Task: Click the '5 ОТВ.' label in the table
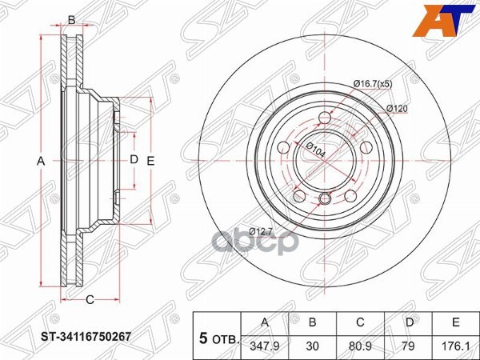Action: [218, 338]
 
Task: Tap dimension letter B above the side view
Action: [71, 19]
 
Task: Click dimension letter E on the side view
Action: [150, 161]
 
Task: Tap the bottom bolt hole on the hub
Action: [325, 198]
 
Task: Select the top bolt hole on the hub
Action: [324, 119]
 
